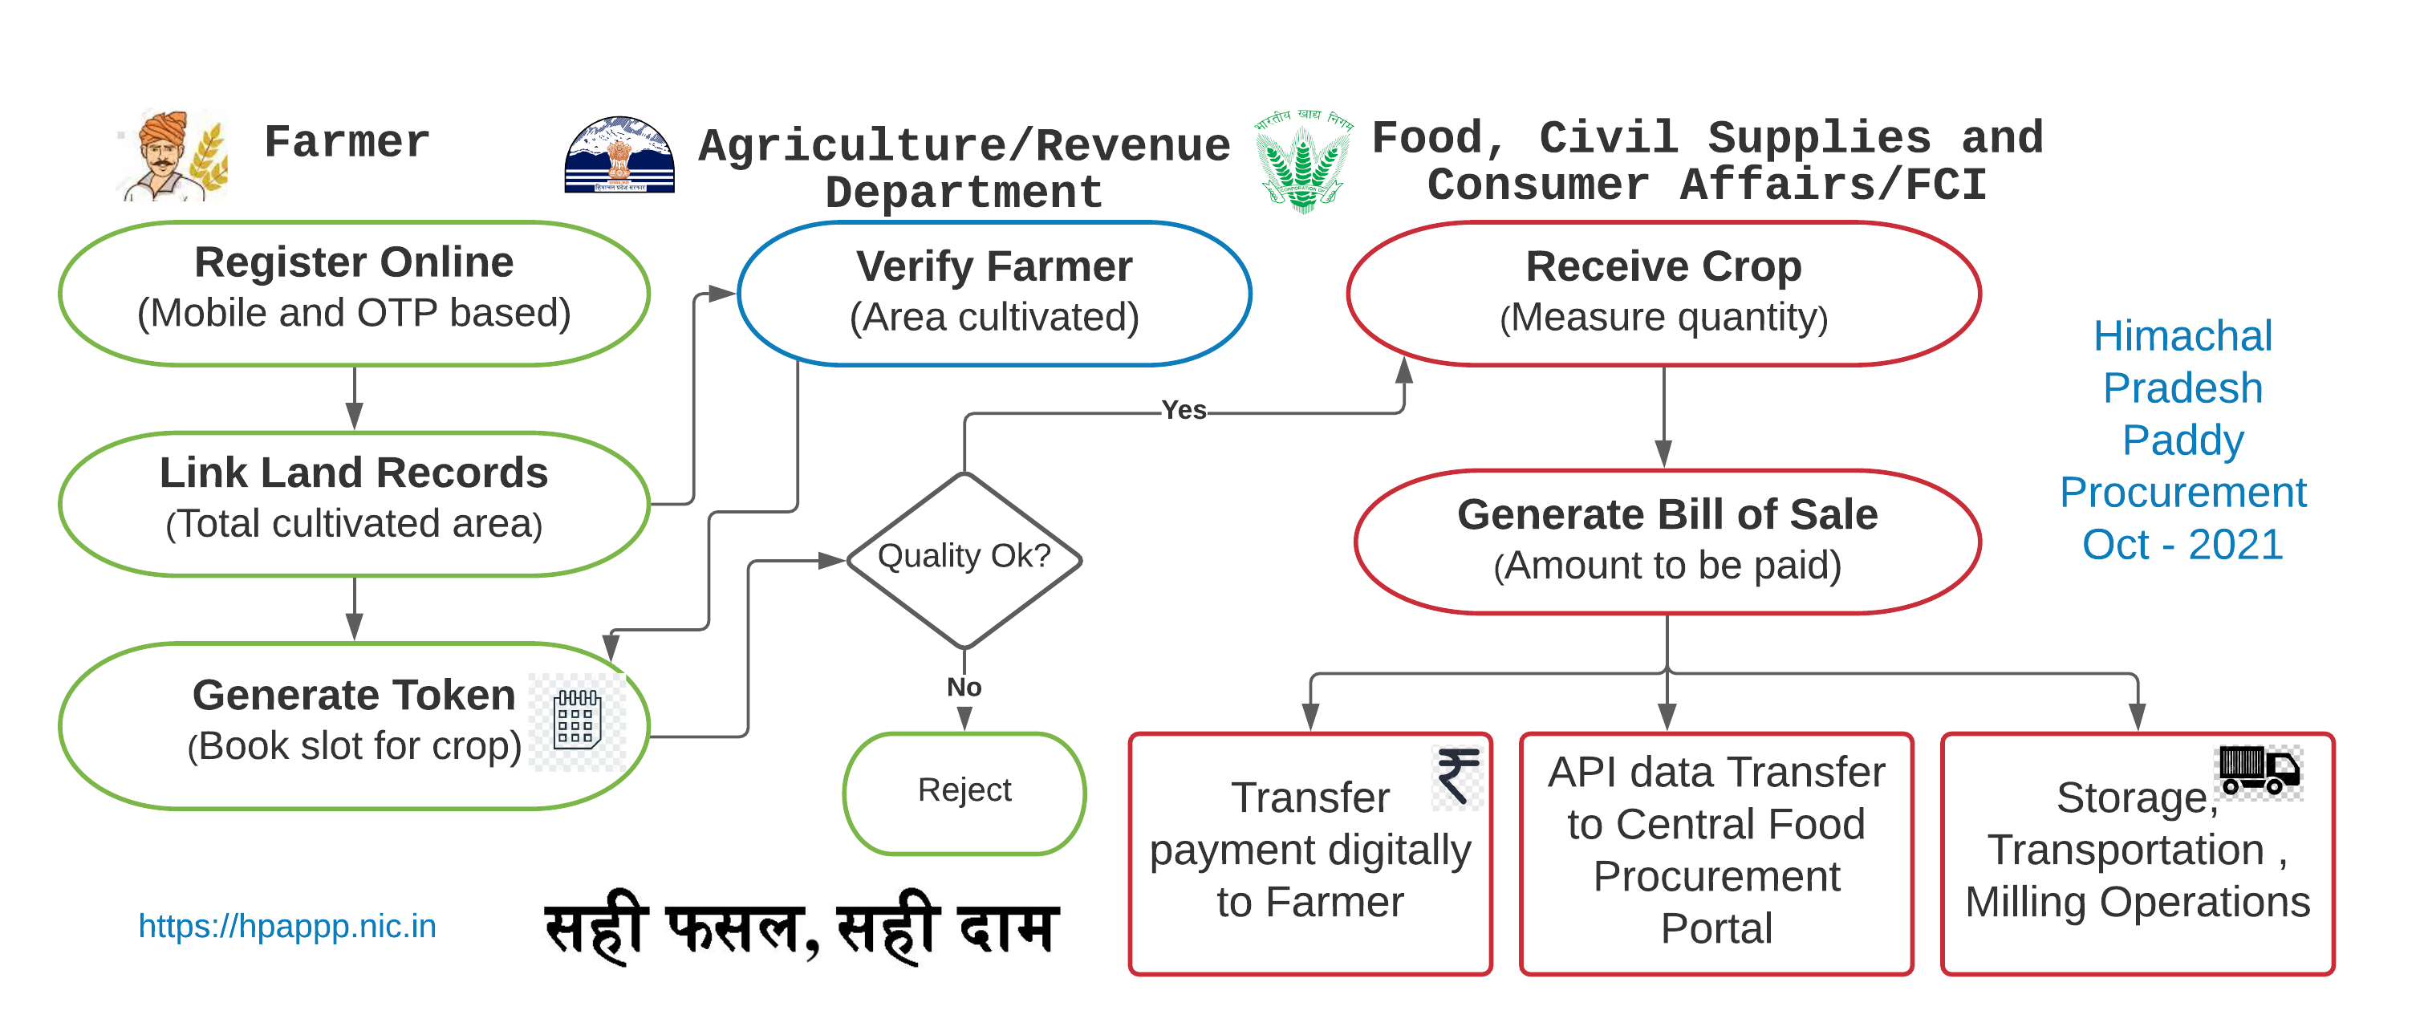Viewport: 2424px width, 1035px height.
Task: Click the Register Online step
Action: coord(354,293)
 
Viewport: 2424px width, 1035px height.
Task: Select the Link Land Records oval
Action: coord(354,503)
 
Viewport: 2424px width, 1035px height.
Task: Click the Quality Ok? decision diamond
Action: coord(964,559)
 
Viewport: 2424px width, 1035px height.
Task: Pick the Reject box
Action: coord(964,791)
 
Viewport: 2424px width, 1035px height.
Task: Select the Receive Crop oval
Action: coord(1663,293)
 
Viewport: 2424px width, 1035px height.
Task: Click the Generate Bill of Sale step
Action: coord(1667,541)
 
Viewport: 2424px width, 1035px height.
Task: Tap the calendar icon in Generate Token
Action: coord(577,720)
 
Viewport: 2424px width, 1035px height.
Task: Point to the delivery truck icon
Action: coord(2260,770)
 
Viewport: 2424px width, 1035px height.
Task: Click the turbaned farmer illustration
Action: coord(171,154)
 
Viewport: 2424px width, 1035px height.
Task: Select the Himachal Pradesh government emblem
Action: coord(619,156)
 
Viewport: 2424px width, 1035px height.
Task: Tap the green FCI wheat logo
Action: coord(1303,162)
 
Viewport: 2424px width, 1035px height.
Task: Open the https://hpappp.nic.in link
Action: coord(287,927)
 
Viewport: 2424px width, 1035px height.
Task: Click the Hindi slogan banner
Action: coord(798,927)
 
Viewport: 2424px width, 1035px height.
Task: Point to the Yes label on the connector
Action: coord(1183,410)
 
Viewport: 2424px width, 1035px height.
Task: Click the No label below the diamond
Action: coord(964,688)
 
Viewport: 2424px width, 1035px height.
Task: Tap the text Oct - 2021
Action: coord(2182,545)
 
